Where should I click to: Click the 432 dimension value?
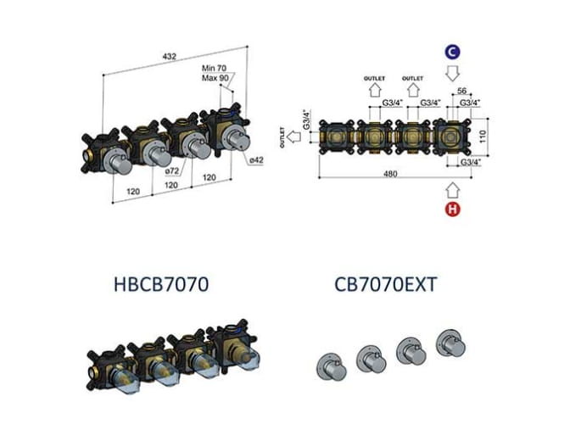coord(170,56)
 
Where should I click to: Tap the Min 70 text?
coord(214,68)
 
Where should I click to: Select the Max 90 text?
coord(215,78)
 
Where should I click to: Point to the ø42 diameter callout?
coord(256,160)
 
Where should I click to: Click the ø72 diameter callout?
coord(172,170)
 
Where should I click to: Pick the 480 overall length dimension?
coord(390,174)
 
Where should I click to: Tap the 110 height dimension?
coord(483,137)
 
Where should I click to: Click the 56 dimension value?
coord(461,91)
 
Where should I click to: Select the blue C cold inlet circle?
coord(452,53)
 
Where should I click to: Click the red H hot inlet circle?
coord(452,209)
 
